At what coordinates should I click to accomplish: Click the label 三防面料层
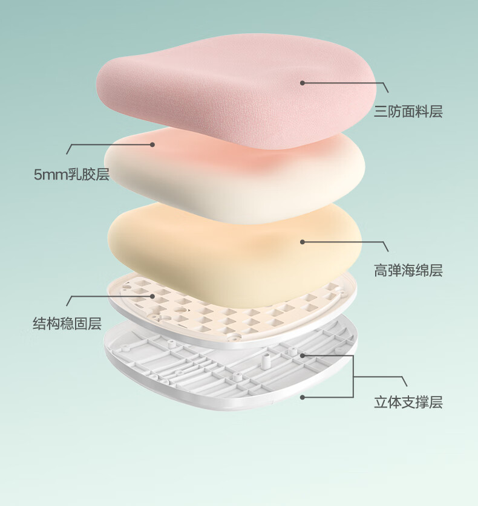[x=408, y=112]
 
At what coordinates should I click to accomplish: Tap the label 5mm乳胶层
[x=71, y=175]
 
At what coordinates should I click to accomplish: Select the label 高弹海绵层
[x=408, y=270]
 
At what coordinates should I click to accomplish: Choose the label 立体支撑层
[x=408, y=402]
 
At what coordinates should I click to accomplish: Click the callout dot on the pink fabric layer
[x=302, y=83]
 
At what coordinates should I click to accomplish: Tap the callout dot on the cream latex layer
[x=153, y=144]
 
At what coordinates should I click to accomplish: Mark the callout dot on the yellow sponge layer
[x=302, y=242]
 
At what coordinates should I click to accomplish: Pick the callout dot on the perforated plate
[x=153, y=296]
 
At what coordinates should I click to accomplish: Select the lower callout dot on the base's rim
[x=302, y=397]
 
